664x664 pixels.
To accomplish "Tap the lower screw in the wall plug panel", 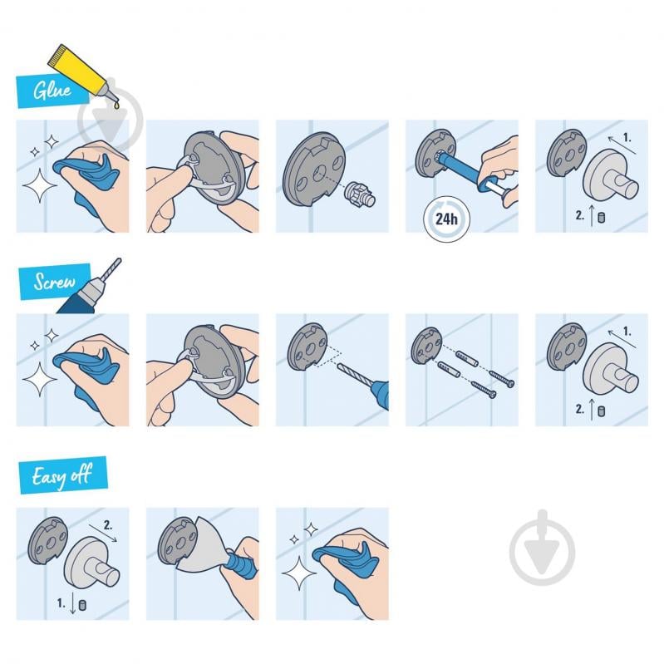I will pos(482,388).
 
